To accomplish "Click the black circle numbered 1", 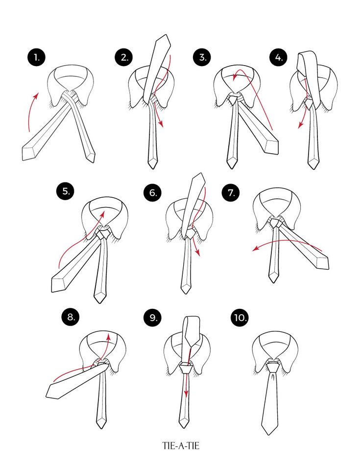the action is pos(37,57).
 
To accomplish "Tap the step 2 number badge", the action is pos(124,57).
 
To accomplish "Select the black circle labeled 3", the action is pos(202,57).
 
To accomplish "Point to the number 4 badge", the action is pos(279,57).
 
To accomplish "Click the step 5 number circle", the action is pos(66,191).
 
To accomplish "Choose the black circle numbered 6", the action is pos(153,192).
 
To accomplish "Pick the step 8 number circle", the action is pos(71,317).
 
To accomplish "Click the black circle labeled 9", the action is pos(153,318).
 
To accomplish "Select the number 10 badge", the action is pos(240,318).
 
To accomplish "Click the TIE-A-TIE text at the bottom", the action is pos(181,446).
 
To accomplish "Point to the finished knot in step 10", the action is pos(273,367).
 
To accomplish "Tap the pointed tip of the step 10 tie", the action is pos(269,434).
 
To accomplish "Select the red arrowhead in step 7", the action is pos(255,249).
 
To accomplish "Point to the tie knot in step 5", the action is pos(103,233).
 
